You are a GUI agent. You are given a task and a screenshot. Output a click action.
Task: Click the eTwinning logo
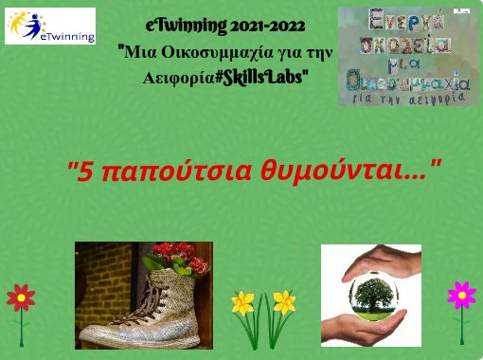[50, 27]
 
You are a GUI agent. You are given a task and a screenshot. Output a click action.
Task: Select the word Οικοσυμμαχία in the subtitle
[217, 51]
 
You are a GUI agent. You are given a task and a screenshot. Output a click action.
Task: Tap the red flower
[21, 297]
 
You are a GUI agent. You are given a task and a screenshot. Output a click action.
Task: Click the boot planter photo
[143, 295]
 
